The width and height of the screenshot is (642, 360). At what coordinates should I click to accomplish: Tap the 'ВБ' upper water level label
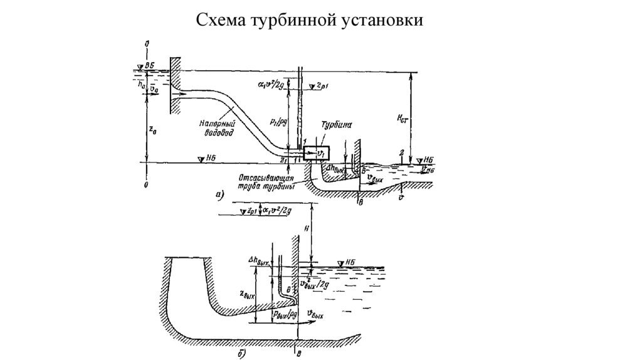[149, 65]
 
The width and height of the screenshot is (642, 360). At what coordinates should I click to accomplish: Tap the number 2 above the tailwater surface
[399, 153]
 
